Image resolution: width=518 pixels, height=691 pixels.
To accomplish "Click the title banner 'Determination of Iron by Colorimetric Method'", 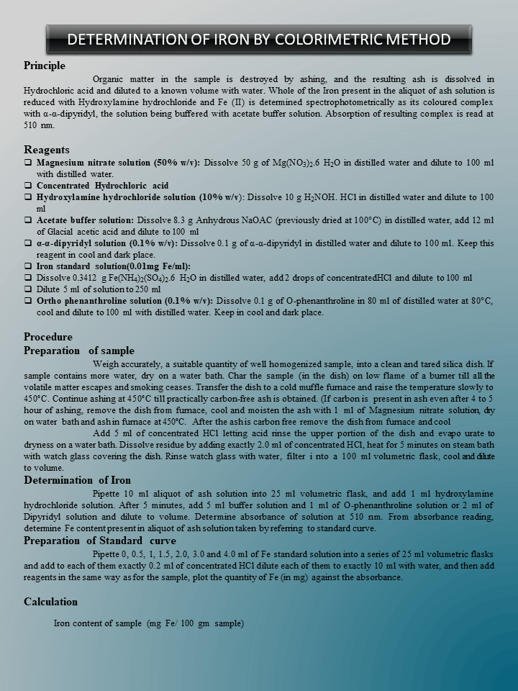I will [x=259, y=39].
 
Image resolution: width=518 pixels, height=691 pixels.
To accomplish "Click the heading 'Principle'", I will [x=45, y=66].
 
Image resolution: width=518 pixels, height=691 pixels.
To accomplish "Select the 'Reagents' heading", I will [x=47, y=150].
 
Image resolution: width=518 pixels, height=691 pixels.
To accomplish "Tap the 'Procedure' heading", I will [x=48, y=337].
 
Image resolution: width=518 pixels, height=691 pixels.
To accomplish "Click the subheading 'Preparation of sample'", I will [x=79, y=351].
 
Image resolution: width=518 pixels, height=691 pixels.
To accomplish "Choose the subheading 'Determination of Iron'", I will [x=78, y=480].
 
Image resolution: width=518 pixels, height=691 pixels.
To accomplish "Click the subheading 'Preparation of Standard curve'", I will [x=100, y=541].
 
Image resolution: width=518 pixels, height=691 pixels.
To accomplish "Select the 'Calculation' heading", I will [x=51, y=602].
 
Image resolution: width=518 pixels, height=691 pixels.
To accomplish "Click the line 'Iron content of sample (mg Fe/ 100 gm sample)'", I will [x=149, y=623].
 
